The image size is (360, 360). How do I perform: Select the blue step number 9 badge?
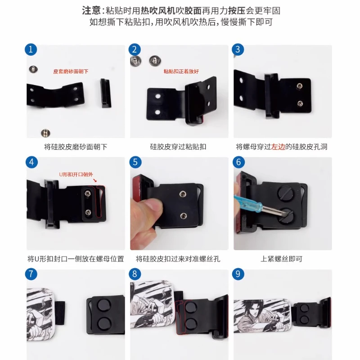point(238,274)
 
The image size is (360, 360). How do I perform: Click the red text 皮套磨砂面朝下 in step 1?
point(71,71)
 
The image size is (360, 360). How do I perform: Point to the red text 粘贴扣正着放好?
point(181,71)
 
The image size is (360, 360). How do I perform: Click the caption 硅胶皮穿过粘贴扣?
point(178,147)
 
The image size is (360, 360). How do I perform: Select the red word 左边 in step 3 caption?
point(279,147)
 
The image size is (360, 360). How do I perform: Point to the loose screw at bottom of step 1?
point(45,132)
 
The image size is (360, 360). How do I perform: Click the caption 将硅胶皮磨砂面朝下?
point(76,147)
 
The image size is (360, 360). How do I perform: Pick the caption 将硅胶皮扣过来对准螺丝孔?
point(178,259)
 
